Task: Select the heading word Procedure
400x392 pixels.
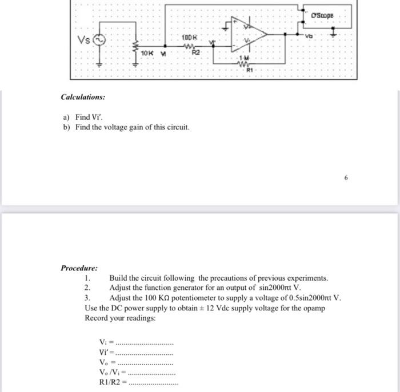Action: click(x=79, y=268)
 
